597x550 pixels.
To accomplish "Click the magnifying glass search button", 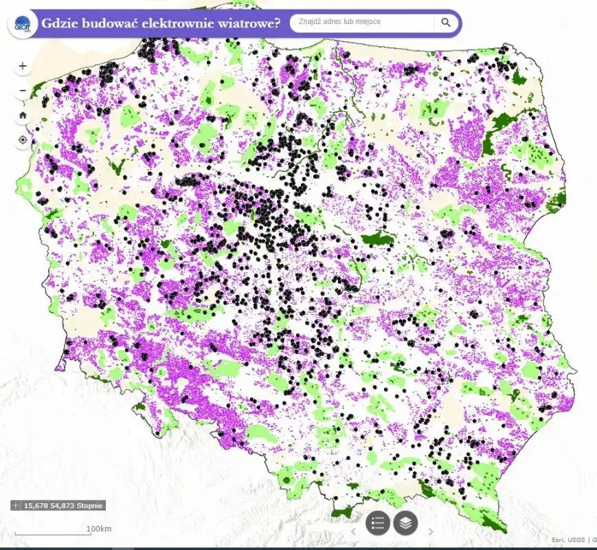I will tap(446, 22).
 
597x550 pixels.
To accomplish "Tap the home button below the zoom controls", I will tap(23, 115).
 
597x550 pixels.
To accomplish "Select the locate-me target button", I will tap(23, 140).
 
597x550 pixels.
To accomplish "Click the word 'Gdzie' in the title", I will tap(60, 22).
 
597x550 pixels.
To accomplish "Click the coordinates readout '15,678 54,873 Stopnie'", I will tap(63, 505).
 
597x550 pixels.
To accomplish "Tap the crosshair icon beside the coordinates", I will tap(16, 505).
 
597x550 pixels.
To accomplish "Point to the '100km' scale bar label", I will tap(99, 528).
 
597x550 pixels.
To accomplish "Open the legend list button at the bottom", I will tap(377, 523).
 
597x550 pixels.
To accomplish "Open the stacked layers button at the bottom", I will tap(405, 523).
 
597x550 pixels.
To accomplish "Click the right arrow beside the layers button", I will tap(431, 531).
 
